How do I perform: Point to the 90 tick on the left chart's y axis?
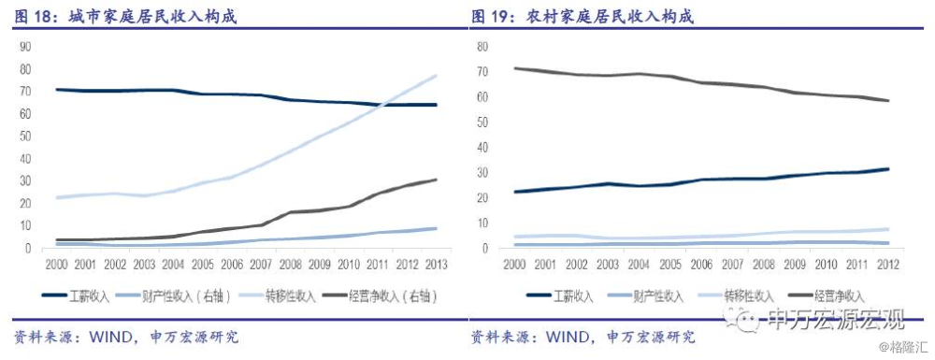pyautogui.click(x=25, y=45)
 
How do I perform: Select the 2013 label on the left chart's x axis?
pyautogui.click(x=436, y=265)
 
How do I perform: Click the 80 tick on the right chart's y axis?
pyautogui.click(x=482, y=46)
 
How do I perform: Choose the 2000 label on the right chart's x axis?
pyautogui.click(x=514, y=265)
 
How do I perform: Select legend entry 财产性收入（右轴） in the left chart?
pyautogui.click(x=179, y=296)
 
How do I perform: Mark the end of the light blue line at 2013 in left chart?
pyautogui.click(x=436, y=76)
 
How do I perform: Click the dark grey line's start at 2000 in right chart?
pyautogui.click(x=515, y=68)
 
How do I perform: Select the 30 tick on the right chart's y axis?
pyautogui.click(x=482, y=172)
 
